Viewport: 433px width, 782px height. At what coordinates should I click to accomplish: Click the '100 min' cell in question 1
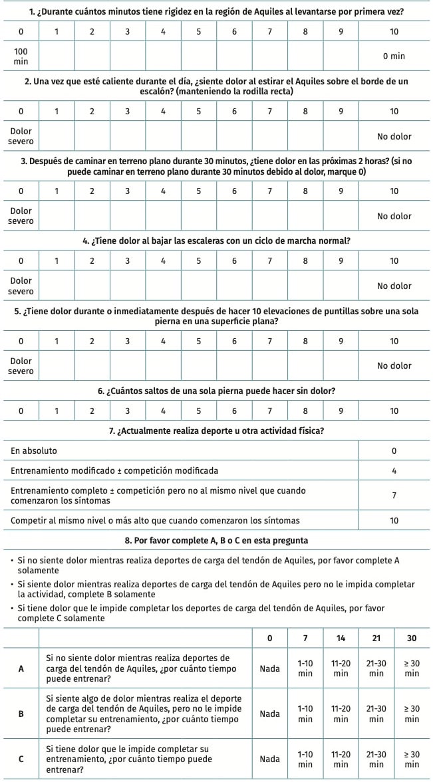point(21,56)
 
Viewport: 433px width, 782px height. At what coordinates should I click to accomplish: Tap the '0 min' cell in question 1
point(394,56)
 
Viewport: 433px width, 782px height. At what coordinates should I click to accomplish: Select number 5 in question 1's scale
point(198,32)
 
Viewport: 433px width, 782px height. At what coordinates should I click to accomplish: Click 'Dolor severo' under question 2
point(21,136)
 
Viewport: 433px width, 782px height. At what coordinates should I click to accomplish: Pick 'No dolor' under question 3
point(394,216)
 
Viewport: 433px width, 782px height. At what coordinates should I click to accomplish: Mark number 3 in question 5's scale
point(127,341)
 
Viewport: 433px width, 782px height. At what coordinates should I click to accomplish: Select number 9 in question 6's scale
point(341,411)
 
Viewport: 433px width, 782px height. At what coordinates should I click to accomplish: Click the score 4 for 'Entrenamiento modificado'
point(394,470)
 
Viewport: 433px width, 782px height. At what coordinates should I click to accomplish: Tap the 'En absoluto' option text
point(34,450)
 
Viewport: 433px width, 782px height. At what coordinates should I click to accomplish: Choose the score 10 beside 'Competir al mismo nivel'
point(394,520)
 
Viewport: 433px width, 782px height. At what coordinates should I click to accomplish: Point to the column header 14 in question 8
point(341,638)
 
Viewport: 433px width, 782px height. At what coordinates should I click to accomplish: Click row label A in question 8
point(21,668)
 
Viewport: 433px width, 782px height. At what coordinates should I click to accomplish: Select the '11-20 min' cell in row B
point(341,714)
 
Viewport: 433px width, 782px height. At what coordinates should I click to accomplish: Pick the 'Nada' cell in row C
point(269,759)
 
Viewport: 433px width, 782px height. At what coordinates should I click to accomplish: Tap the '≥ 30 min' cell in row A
point(412,668)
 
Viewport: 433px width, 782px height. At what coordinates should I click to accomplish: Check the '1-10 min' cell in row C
point(305,759)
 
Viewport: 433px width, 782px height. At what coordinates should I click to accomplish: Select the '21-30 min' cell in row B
point(376,714)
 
